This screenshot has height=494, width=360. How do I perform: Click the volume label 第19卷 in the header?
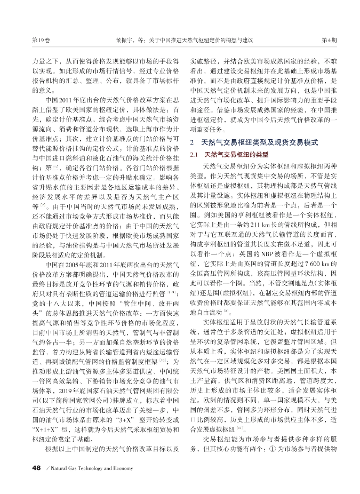point(41,40)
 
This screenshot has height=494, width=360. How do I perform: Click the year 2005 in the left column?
point(69,265)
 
